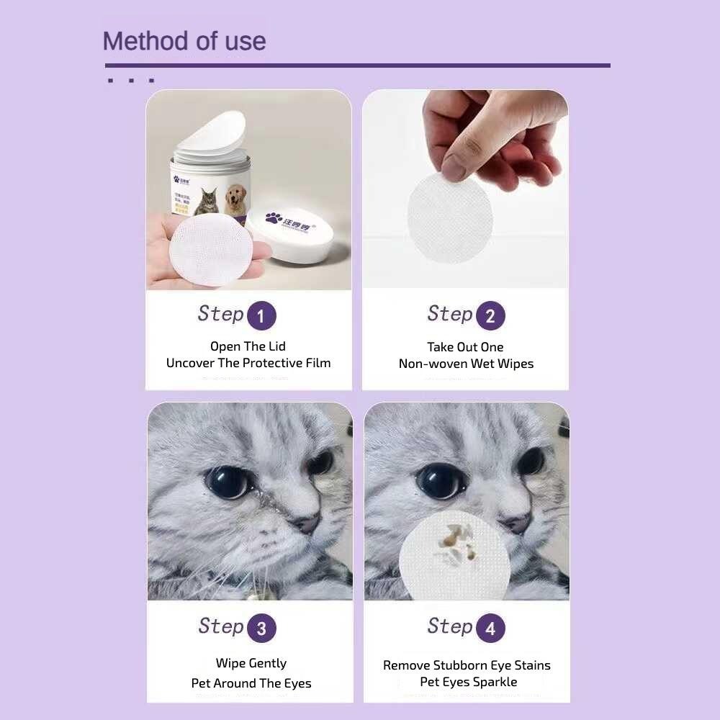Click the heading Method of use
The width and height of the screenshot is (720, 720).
point(184,41)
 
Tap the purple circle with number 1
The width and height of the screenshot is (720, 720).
point(261,316)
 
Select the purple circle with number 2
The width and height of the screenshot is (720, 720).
point(490,316)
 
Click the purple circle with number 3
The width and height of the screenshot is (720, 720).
point(261,629)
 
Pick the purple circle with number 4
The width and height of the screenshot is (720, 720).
point(490,629)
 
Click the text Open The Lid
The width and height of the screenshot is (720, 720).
point(248,346)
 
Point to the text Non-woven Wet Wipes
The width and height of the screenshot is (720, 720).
point(466,364)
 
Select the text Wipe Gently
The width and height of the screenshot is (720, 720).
point(251,663)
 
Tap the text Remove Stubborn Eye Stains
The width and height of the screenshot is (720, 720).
point(467,665)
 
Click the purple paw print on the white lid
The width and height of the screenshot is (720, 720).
point(274,217)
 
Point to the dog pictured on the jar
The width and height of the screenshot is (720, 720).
point(235,201)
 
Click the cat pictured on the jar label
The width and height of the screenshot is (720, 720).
point(207,202)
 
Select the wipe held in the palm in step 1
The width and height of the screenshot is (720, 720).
point(211,249)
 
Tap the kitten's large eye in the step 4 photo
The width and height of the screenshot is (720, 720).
point(440,480)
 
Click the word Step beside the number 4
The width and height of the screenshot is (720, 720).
point(449,626)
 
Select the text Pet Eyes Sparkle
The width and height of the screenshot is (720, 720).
point(469,682)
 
